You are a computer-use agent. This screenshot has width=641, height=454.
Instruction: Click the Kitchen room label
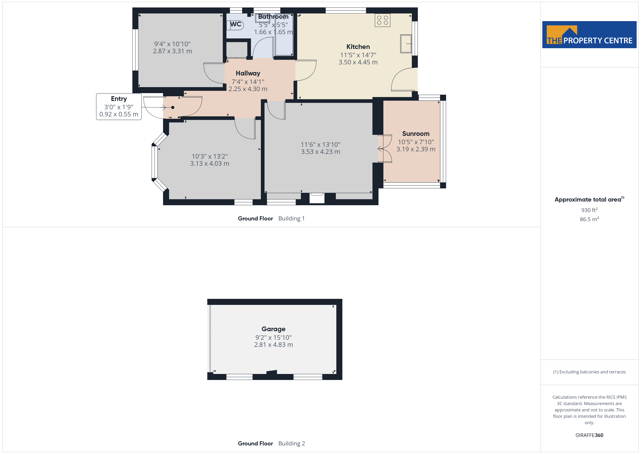[x=358, y=47]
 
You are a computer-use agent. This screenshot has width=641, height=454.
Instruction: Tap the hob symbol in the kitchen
[x=382, y=20]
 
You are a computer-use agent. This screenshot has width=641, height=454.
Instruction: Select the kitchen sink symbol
[x=406, y=44]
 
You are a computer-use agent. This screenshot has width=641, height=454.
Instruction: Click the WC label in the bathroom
[x=236, y=24]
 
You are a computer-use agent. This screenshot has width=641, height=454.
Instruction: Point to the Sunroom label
[x=416, y=134]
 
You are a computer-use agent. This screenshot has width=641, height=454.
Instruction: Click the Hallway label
[x=248, y=73]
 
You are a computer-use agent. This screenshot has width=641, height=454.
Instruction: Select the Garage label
[x=273, y=329]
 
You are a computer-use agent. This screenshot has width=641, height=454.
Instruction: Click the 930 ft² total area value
[x=589, y=210]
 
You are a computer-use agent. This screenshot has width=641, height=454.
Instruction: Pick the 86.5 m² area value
[x=589, y=219]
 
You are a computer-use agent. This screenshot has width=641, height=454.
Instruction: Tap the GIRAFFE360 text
[x=589, y=435]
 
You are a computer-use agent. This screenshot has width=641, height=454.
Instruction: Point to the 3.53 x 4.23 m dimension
[x=320, y=152]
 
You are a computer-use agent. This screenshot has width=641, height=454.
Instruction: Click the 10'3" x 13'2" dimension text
[x=210, y=156]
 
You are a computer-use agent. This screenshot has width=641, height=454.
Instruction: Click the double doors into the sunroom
[x=385, y=149]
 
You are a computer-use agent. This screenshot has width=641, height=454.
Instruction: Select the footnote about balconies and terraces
[x=589, y=372]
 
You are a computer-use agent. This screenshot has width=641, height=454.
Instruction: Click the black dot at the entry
[x=173, y=107]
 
